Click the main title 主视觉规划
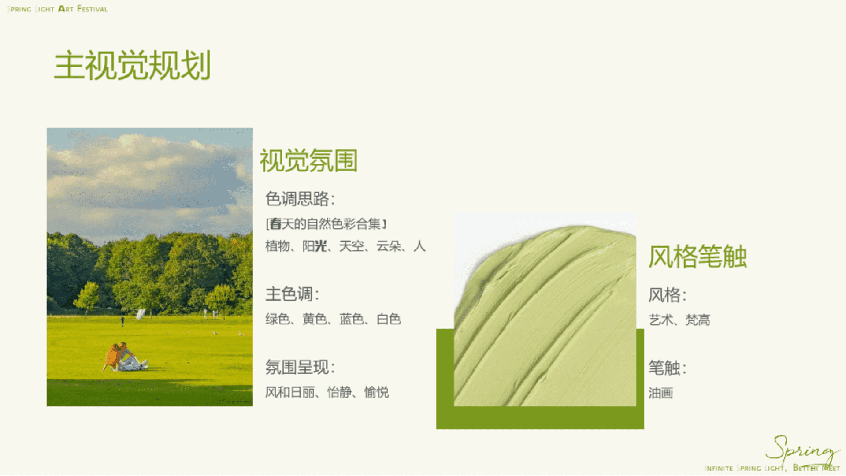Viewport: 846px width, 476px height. click(x=132, y=65)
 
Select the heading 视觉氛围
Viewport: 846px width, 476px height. click(x=308, y=160)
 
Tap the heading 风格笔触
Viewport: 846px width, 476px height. click(x=698, y=257)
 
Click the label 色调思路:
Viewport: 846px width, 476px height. click(x=300, y=199)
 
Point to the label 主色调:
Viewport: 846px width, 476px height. click(x=292, y=294)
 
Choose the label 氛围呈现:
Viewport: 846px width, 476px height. click(x=300, y=367)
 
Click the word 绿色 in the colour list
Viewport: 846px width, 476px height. click(x=277, y=319)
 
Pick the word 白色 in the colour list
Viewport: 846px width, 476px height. click(x=389, y=319)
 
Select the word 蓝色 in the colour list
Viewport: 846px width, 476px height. click(x=352, y=319)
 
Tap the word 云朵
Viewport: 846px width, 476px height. click(x=388, y=246)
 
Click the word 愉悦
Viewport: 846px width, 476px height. click(x=376, y=392)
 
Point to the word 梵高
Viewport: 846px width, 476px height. click(x=698, y=320)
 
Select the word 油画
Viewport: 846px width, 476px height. click(x=660, y=393)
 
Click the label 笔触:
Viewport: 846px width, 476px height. click(x=667, y=368)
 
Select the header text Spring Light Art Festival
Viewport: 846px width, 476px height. click(x=57, y=9)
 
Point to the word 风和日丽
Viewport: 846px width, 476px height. click(x=290, y=392)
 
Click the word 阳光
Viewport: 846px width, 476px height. click(x=315, y=246)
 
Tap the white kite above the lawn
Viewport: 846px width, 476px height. click(x=141, y=314)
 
